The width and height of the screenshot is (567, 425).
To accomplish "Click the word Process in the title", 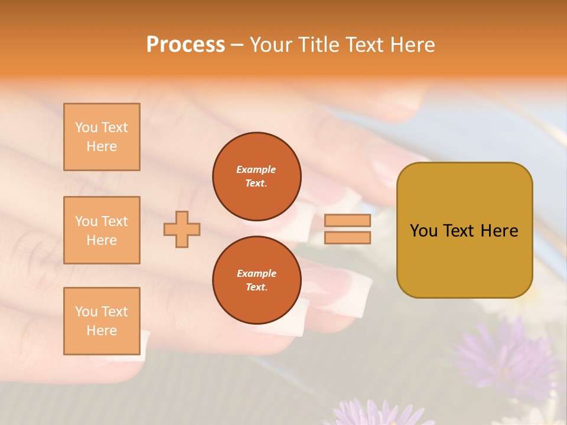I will pos(185,45).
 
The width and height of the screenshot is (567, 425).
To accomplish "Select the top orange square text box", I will pos(102,137).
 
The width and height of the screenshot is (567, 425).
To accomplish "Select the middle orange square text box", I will pos(102,230).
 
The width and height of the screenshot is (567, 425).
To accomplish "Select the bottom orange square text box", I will pos(102,321).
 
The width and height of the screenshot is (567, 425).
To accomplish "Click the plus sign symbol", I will pos(182,229).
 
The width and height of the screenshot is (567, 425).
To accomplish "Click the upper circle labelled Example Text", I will pos(256,176).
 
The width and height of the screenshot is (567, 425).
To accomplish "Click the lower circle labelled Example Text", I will pos(256,280).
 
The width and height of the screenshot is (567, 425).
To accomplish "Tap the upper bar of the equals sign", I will pos(347,221).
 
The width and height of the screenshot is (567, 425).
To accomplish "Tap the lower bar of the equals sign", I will pos(347,237).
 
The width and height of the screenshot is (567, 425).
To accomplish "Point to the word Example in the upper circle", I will pos(256,169).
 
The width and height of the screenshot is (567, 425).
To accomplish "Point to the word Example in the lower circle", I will pos(256,273).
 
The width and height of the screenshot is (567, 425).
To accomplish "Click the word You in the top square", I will pos(86,127).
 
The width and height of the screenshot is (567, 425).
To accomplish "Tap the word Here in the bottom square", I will pos(102,331).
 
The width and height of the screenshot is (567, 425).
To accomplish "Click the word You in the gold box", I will pos(423,231).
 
